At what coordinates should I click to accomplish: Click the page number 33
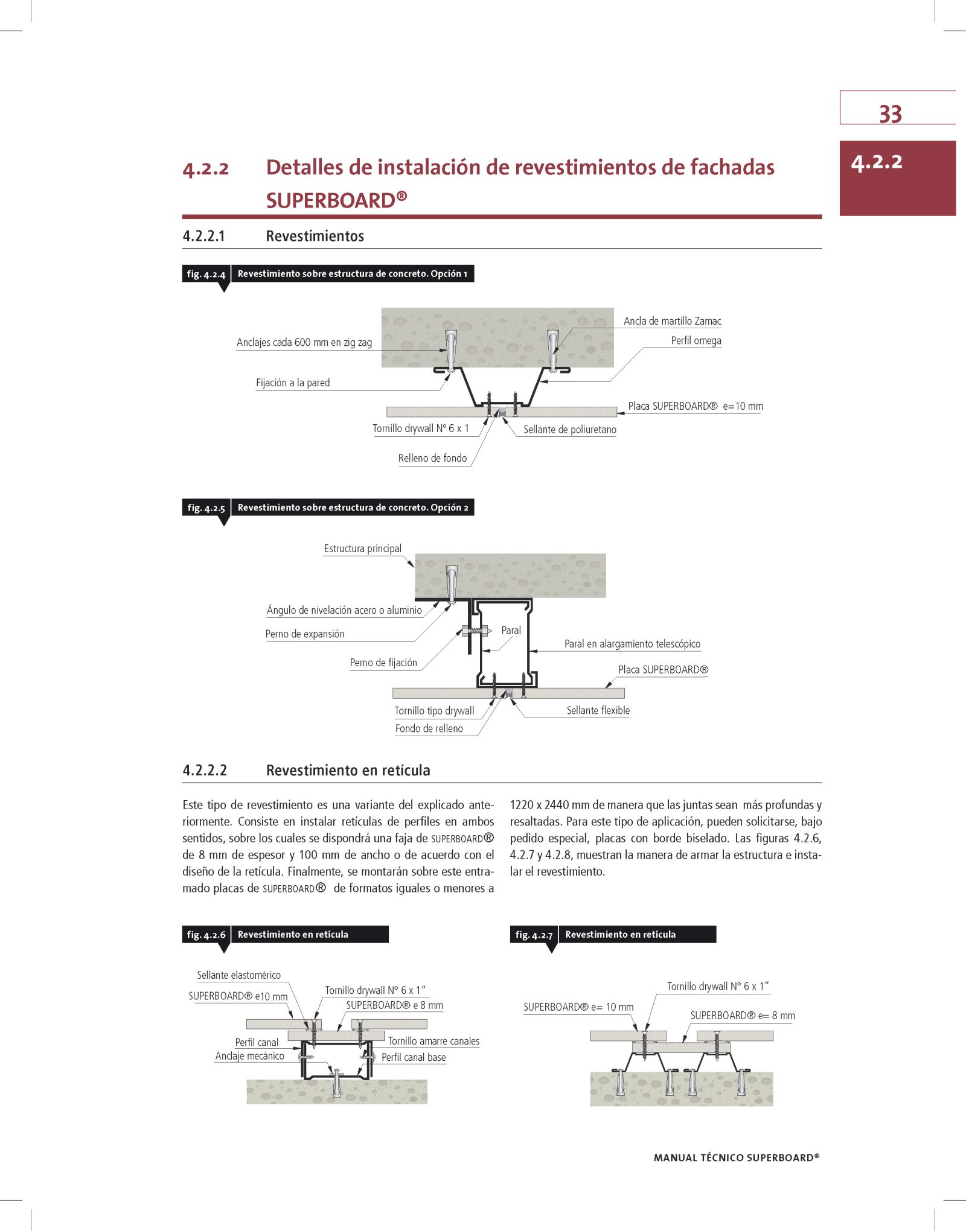pyautogui.click(x=890, y=114)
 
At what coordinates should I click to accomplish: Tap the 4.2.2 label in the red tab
pyautogui.click(x=876, y=162)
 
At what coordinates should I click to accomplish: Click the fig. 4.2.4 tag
pyautogui.click(x=206, y=274)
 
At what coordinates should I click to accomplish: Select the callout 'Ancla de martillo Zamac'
pyautogui.click(x=672, y=321)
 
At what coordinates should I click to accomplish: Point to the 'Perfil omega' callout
pyautogui.click(x=696, y=340)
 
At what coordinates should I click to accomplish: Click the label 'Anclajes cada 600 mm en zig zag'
pyautogui.click(x=304, y=342)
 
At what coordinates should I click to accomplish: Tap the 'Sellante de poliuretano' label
pyautogui.click(x=569, y=430)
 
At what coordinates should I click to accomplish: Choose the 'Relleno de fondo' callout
pyautogui.click(x=432, y=458)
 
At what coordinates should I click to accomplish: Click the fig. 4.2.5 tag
pyautogui.click(x=206, y=508)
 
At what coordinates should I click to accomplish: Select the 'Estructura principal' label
pyautogui.click(x=362, y=549)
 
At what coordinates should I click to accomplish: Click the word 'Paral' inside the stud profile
pyautogui.click(x=511, y=630)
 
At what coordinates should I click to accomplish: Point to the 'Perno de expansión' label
pyautogui.click(x=305, y=634)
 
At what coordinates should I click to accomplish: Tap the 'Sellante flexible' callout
pyautogui.click(x=598, y=710)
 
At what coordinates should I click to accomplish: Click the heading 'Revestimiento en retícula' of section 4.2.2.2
pyautogui.click(x=348, y=770)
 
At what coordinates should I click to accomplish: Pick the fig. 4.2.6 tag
pyautogui.click(x=206, y=935)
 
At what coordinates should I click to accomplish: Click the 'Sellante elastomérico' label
pyautogui.click(x=238, y=975)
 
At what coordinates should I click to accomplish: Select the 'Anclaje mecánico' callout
pyautogui.click(x=249, y=1056)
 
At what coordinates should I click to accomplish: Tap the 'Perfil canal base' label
pyautogui.click(x=414, y=1057)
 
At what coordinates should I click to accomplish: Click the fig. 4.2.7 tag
pyautogui.click(x=534, y=935)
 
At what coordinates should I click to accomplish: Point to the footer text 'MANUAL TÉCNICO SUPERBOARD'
pyautogui.click(x=736, y=1157)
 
